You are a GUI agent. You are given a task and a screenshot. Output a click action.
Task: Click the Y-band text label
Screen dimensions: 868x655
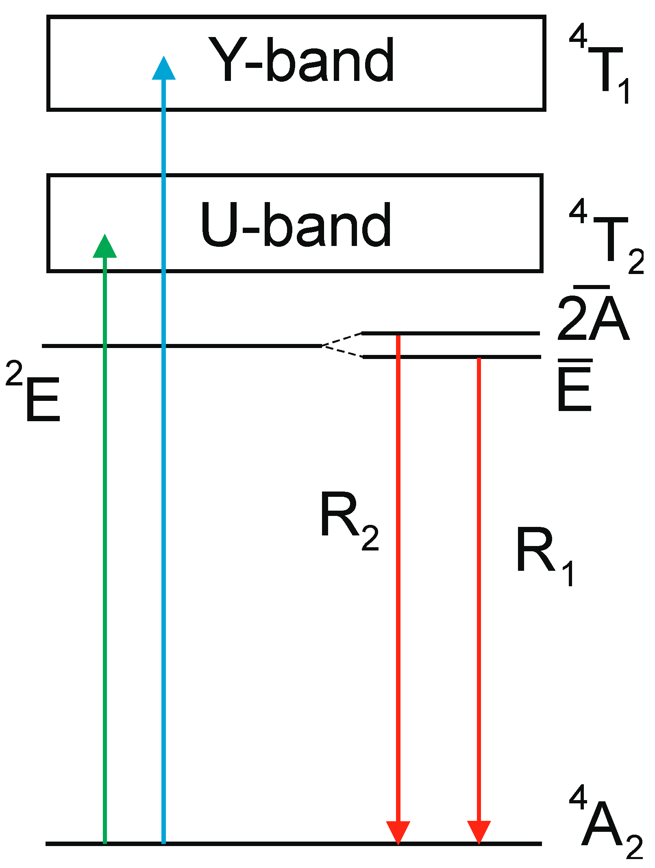pyautogui.click(x=301, y=60)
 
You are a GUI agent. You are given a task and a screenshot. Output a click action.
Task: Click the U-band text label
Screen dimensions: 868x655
pyautogui.click(x=296, y=225)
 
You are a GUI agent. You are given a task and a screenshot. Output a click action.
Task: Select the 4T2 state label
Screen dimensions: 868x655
pyautogui.click(x=606, y=238)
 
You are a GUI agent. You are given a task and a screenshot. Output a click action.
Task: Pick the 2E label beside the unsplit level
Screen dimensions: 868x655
pyautogui.click(x=34, y=392)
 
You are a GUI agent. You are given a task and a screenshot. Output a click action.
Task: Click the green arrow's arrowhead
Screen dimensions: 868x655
pyautogui.click(x=105, y=246)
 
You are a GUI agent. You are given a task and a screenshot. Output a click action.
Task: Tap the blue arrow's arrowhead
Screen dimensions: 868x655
pyautogui.click(x=163, y=68)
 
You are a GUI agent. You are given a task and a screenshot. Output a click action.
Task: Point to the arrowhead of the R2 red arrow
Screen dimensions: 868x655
pyautogui.click(x=398, y=832)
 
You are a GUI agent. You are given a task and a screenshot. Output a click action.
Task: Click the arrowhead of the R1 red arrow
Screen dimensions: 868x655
pyautogui.click(x=479, y=832)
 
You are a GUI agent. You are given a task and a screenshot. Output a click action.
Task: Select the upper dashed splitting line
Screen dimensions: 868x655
pyautogui.click(x=342, y=339)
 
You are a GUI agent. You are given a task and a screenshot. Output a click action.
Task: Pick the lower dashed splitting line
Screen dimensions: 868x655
pyautogui.click(x=342, y=351)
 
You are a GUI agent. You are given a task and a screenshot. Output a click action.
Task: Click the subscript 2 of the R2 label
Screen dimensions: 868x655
pyautogui.click(x=370, y=538)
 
